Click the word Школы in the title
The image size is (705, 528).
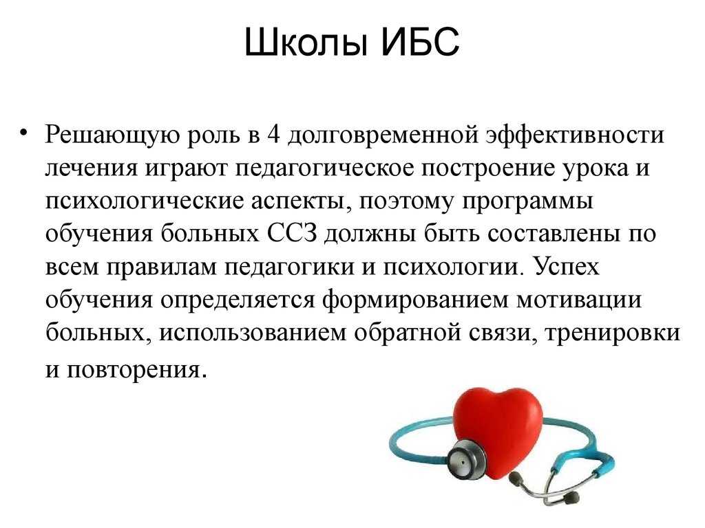(x=303, y=42)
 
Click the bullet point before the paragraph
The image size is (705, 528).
(x=24, y=133)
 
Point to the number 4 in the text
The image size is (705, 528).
(x=273, y=135)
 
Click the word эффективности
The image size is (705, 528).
(x=575, y=135)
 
